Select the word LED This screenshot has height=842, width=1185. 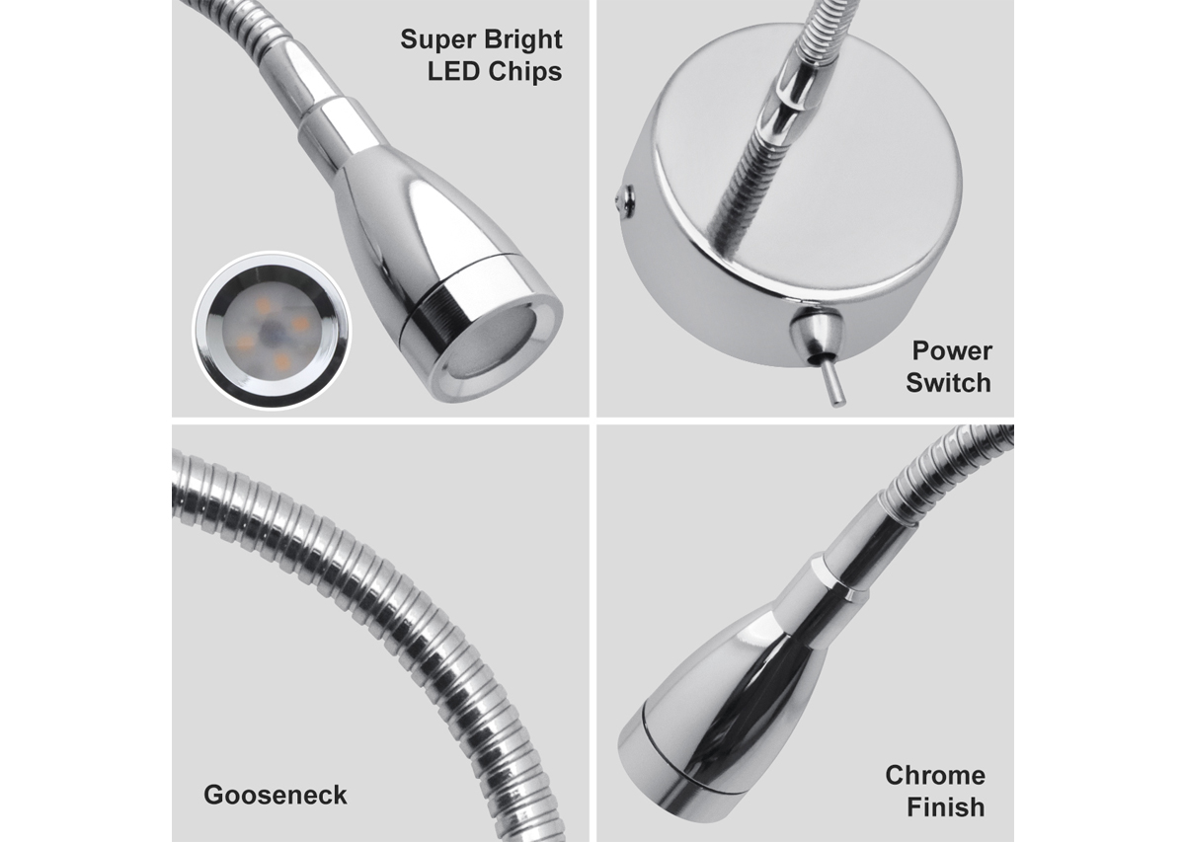[x=453, y=71]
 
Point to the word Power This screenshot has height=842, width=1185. [x=952, y=351]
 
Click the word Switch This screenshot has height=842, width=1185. [x=949, y=382]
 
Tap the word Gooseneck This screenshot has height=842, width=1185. [x=276, y=795]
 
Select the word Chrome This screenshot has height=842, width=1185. [x=935, y=775]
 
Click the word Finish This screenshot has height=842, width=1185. [x=946, y=807]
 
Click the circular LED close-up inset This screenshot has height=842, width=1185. [x=272, y=331]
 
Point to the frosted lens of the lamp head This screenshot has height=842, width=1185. [x=495, y=346]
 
